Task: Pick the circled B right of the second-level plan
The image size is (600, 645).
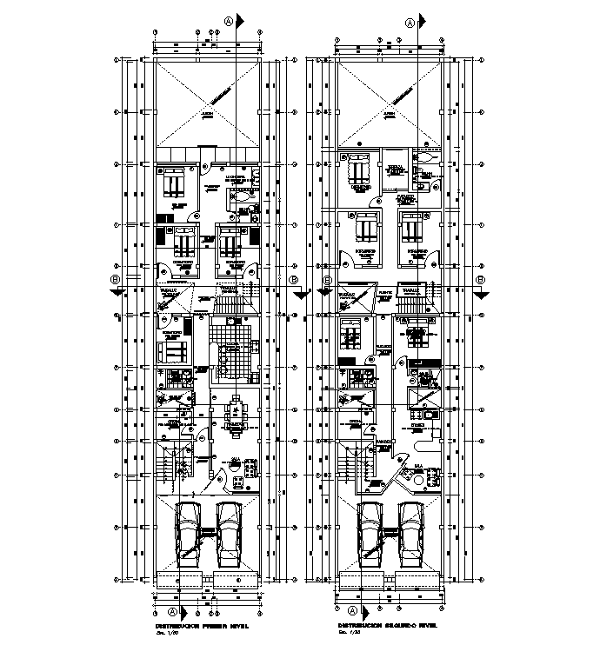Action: pos(481,280)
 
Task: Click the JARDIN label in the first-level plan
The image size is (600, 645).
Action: pos(207,114)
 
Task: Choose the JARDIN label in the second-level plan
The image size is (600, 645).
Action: pos(390,114)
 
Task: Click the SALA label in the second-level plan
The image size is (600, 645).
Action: pos(418,466)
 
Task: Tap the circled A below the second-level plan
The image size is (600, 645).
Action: pos(354,611)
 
